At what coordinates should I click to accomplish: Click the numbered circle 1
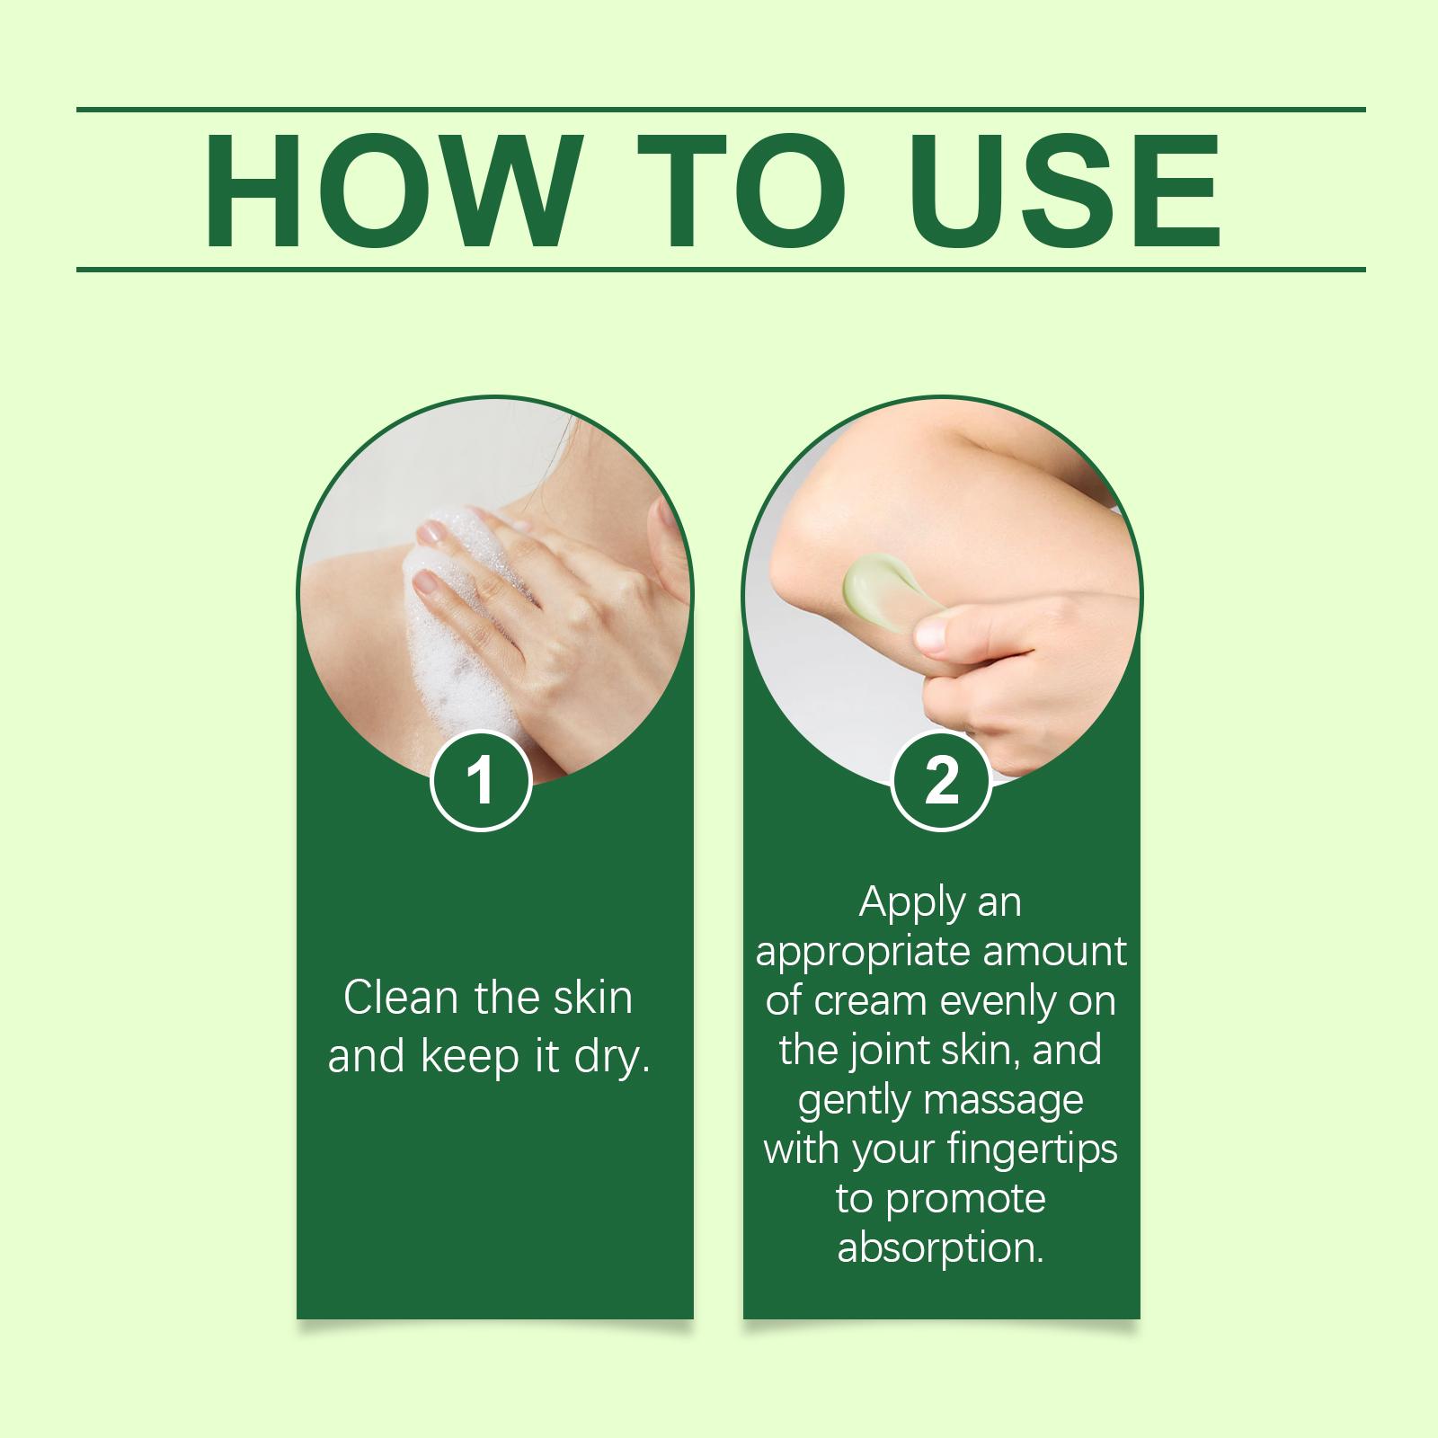pos(483,779)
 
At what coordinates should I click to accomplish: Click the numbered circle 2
pos(941,779)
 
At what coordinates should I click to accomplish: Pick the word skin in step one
pos(591,998)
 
